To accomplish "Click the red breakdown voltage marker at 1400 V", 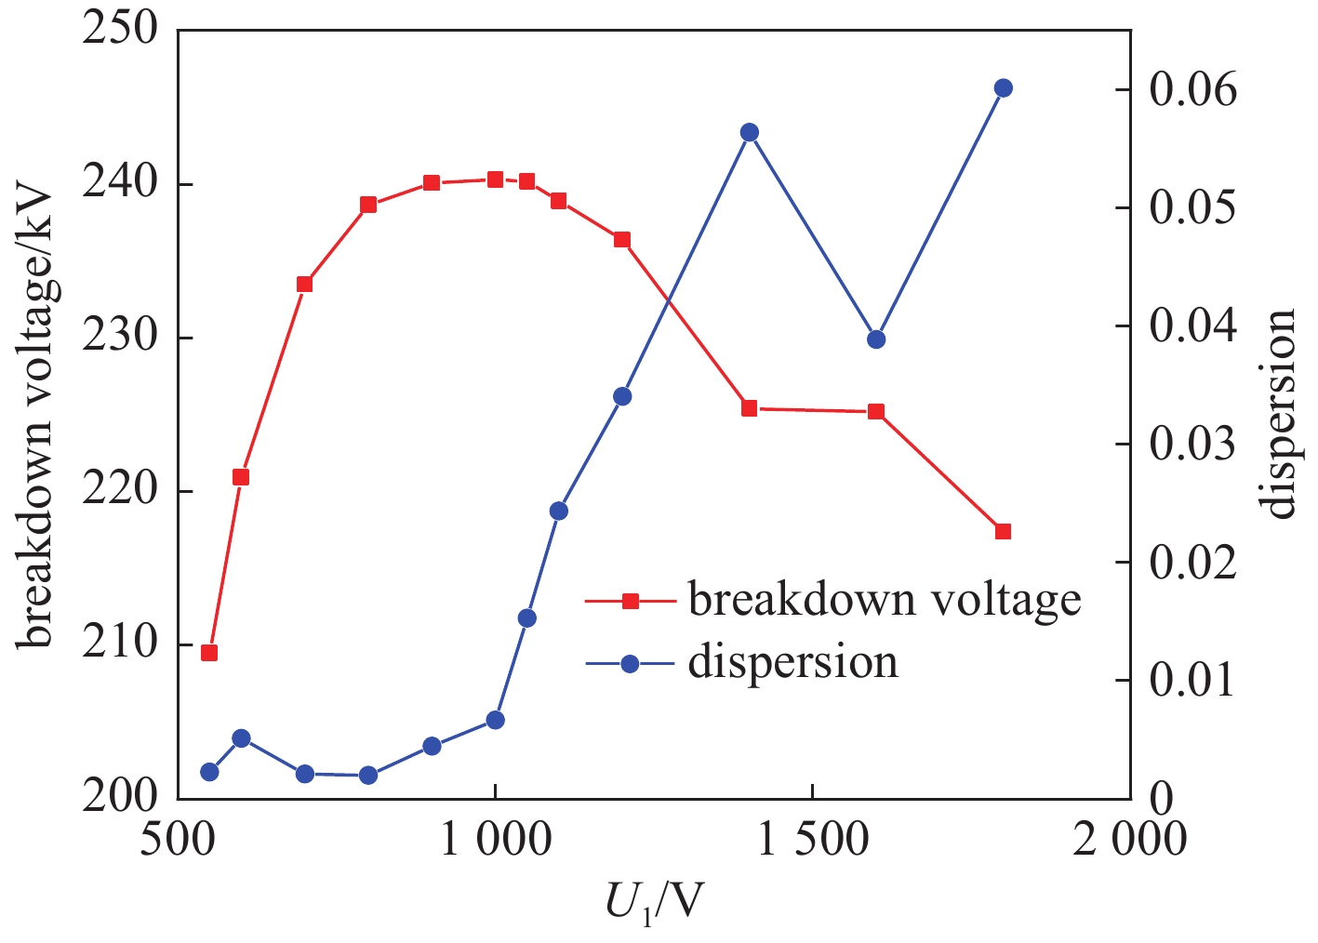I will pos(749,408).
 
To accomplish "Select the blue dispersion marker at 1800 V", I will pos(1003,88).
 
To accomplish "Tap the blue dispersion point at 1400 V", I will pos(749,132).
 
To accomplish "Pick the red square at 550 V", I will pos(209,653).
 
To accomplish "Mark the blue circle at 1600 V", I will pos(876,339).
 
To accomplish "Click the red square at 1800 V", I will pos(1003,532).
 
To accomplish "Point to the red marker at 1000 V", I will pos(495,179).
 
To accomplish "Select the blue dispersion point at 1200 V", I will pos(622,396).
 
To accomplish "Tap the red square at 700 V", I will pos(304,284).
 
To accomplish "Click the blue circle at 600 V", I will pos(241,738).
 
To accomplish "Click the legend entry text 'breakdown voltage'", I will pos(884,600).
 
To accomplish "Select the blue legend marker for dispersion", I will pos(630,663).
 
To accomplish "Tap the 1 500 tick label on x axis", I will pos(813,840).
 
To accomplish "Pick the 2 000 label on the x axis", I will pos(1129,840).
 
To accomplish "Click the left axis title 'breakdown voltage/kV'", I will pos(36,415).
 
